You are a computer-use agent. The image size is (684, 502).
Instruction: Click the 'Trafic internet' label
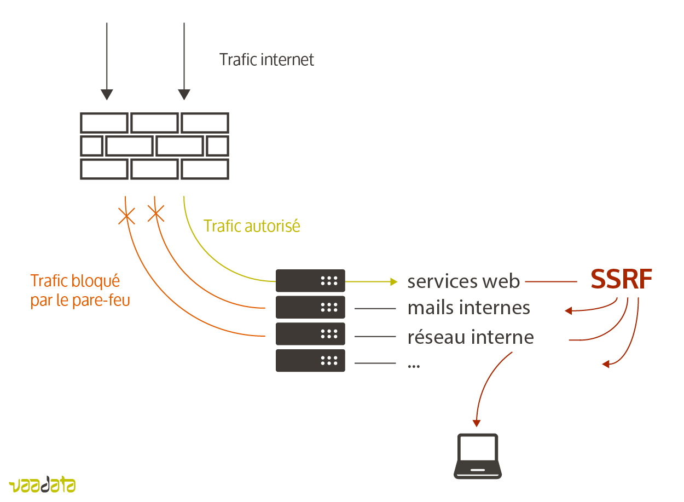(266, 59)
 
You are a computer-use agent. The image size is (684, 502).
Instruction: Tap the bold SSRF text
(621, 280)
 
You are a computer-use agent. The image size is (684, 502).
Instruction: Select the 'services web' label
(463, 281)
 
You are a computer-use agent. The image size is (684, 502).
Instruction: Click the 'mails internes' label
(468, 308)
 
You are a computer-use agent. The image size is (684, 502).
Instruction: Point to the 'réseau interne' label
(471, 337)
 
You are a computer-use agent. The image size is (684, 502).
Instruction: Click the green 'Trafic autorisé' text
(252, 226)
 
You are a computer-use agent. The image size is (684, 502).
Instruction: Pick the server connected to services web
(310, 281)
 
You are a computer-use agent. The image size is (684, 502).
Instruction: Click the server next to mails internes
(310, 307)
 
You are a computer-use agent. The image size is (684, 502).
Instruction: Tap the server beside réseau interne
(310, 334)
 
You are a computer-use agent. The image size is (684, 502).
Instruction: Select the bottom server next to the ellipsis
(310, 360)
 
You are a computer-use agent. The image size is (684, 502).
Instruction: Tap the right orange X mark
(156, 214)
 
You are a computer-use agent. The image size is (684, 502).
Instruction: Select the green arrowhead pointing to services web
(393, 281)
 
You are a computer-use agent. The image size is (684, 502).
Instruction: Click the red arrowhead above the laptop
(477, 423)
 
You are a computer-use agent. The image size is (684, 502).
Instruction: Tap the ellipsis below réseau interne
(414, 365)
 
